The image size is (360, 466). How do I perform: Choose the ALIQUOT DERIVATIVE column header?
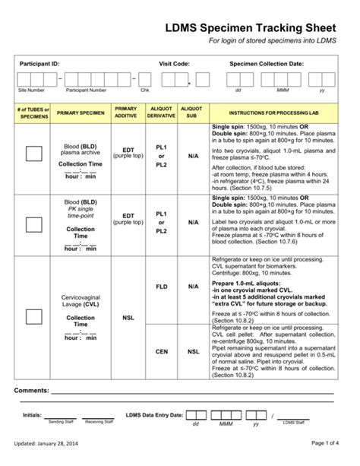point(161,112)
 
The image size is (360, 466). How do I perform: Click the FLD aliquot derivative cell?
point(161,287)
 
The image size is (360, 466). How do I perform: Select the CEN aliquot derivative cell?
point(161,352)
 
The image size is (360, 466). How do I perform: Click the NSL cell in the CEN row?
point(193,352)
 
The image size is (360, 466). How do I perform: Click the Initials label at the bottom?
point(32,415)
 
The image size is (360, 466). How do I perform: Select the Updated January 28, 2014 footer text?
point(52,443)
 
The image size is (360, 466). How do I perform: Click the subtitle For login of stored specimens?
point(261,43)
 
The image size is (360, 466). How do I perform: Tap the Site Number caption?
point(31,90)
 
